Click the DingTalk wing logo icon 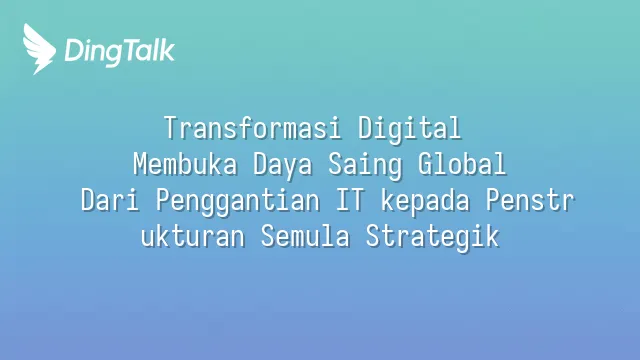tap(39, 49)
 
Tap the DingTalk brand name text tap(120, 52)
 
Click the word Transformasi tap(252, 128)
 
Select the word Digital tap(409, 129)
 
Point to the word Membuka tap(185, 164)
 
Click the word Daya tap(282, 166)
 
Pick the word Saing tap(365, 166)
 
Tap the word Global tap(462, 164)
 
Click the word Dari tap(110, 200)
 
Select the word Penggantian tap(238, 202)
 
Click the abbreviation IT tap(350, 200)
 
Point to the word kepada tap(425, 202)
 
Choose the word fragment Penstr tap(530, 200)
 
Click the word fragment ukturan tap(193, 236)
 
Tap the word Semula tap(305, 236)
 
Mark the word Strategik tap(432, 238)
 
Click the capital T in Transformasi tap(171, 128)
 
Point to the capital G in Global tap(426, 164)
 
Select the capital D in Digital tap(366, 128)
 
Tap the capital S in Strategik tap(373, 236)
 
